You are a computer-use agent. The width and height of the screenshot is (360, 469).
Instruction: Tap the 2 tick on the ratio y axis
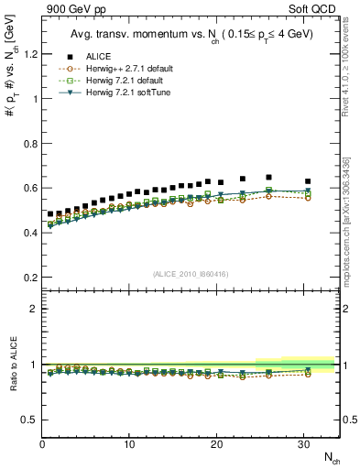coord(32,309)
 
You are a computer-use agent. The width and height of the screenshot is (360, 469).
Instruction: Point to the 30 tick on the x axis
coord(304,444)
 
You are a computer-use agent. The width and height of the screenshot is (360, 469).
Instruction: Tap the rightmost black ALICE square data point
coord(308,181)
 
